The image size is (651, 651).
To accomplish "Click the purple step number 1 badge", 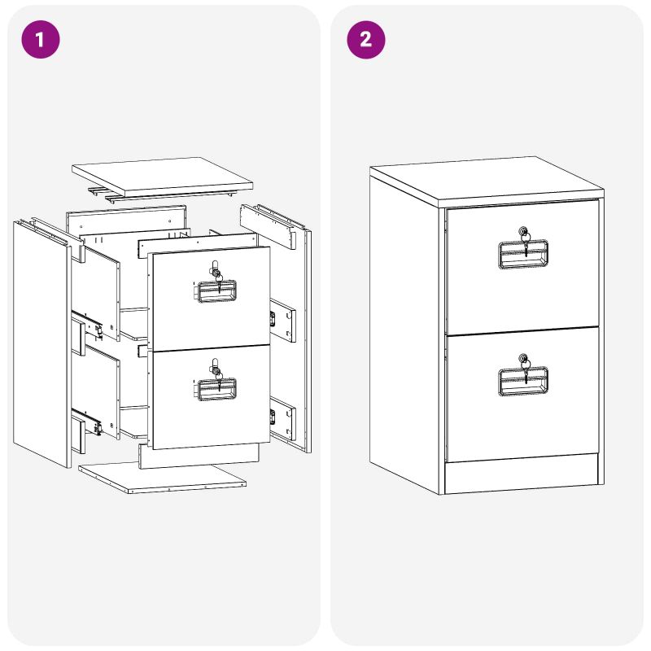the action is click(40, 39).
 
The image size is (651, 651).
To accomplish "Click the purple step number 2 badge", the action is click(365, 39).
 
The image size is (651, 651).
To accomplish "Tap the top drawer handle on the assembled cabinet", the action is click(522, 254).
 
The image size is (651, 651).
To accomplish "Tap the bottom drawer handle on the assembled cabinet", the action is click(522, 381).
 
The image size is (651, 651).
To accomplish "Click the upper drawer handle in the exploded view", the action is click(215, 291).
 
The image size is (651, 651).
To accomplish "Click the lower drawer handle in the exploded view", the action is click(215, 390).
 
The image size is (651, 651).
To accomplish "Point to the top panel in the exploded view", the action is click(162, 176).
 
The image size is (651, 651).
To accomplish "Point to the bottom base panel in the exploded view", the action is click(162, 478).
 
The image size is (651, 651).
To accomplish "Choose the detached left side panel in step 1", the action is click(42, 344).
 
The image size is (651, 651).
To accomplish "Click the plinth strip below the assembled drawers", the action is click(522, 474).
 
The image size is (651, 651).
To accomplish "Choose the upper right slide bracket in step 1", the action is click(282, 320).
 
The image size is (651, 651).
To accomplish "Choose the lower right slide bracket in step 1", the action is click(282, 418).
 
